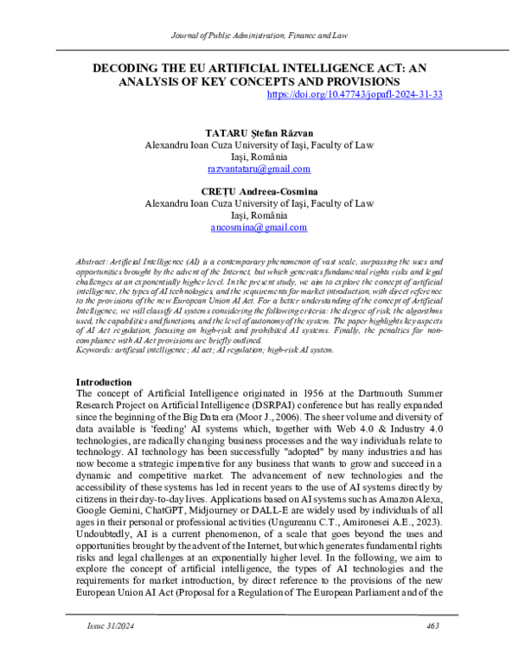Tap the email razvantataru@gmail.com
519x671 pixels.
click(x=259, y=173)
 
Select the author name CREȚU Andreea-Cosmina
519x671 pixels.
click(x=259, y=191)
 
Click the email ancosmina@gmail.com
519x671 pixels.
click(x=259, y=228)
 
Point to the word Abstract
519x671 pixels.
click(x=93, y=260)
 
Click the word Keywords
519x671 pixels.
click(x=95, y=350)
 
